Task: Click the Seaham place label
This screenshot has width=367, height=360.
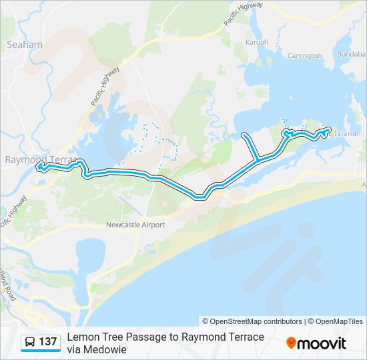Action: (24, 45)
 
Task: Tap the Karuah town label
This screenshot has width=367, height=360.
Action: (257, 42)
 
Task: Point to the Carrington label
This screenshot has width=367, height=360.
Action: (304, 56)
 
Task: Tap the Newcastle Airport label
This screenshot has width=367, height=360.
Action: (135, 225)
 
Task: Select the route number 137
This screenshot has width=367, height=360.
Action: (47, 342)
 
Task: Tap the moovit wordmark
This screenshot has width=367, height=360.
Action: (322, 343)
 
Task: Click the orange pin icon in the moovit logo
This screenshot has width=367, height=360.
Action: (291, 343)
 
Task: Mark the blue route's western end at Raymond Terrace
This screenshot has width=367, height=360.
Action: (39, 165)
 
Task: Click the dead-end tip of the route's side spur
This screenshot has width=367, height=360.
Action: (244, 135)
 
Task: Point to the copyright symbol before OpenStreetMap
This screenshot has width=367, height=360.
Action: (206, 321)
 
